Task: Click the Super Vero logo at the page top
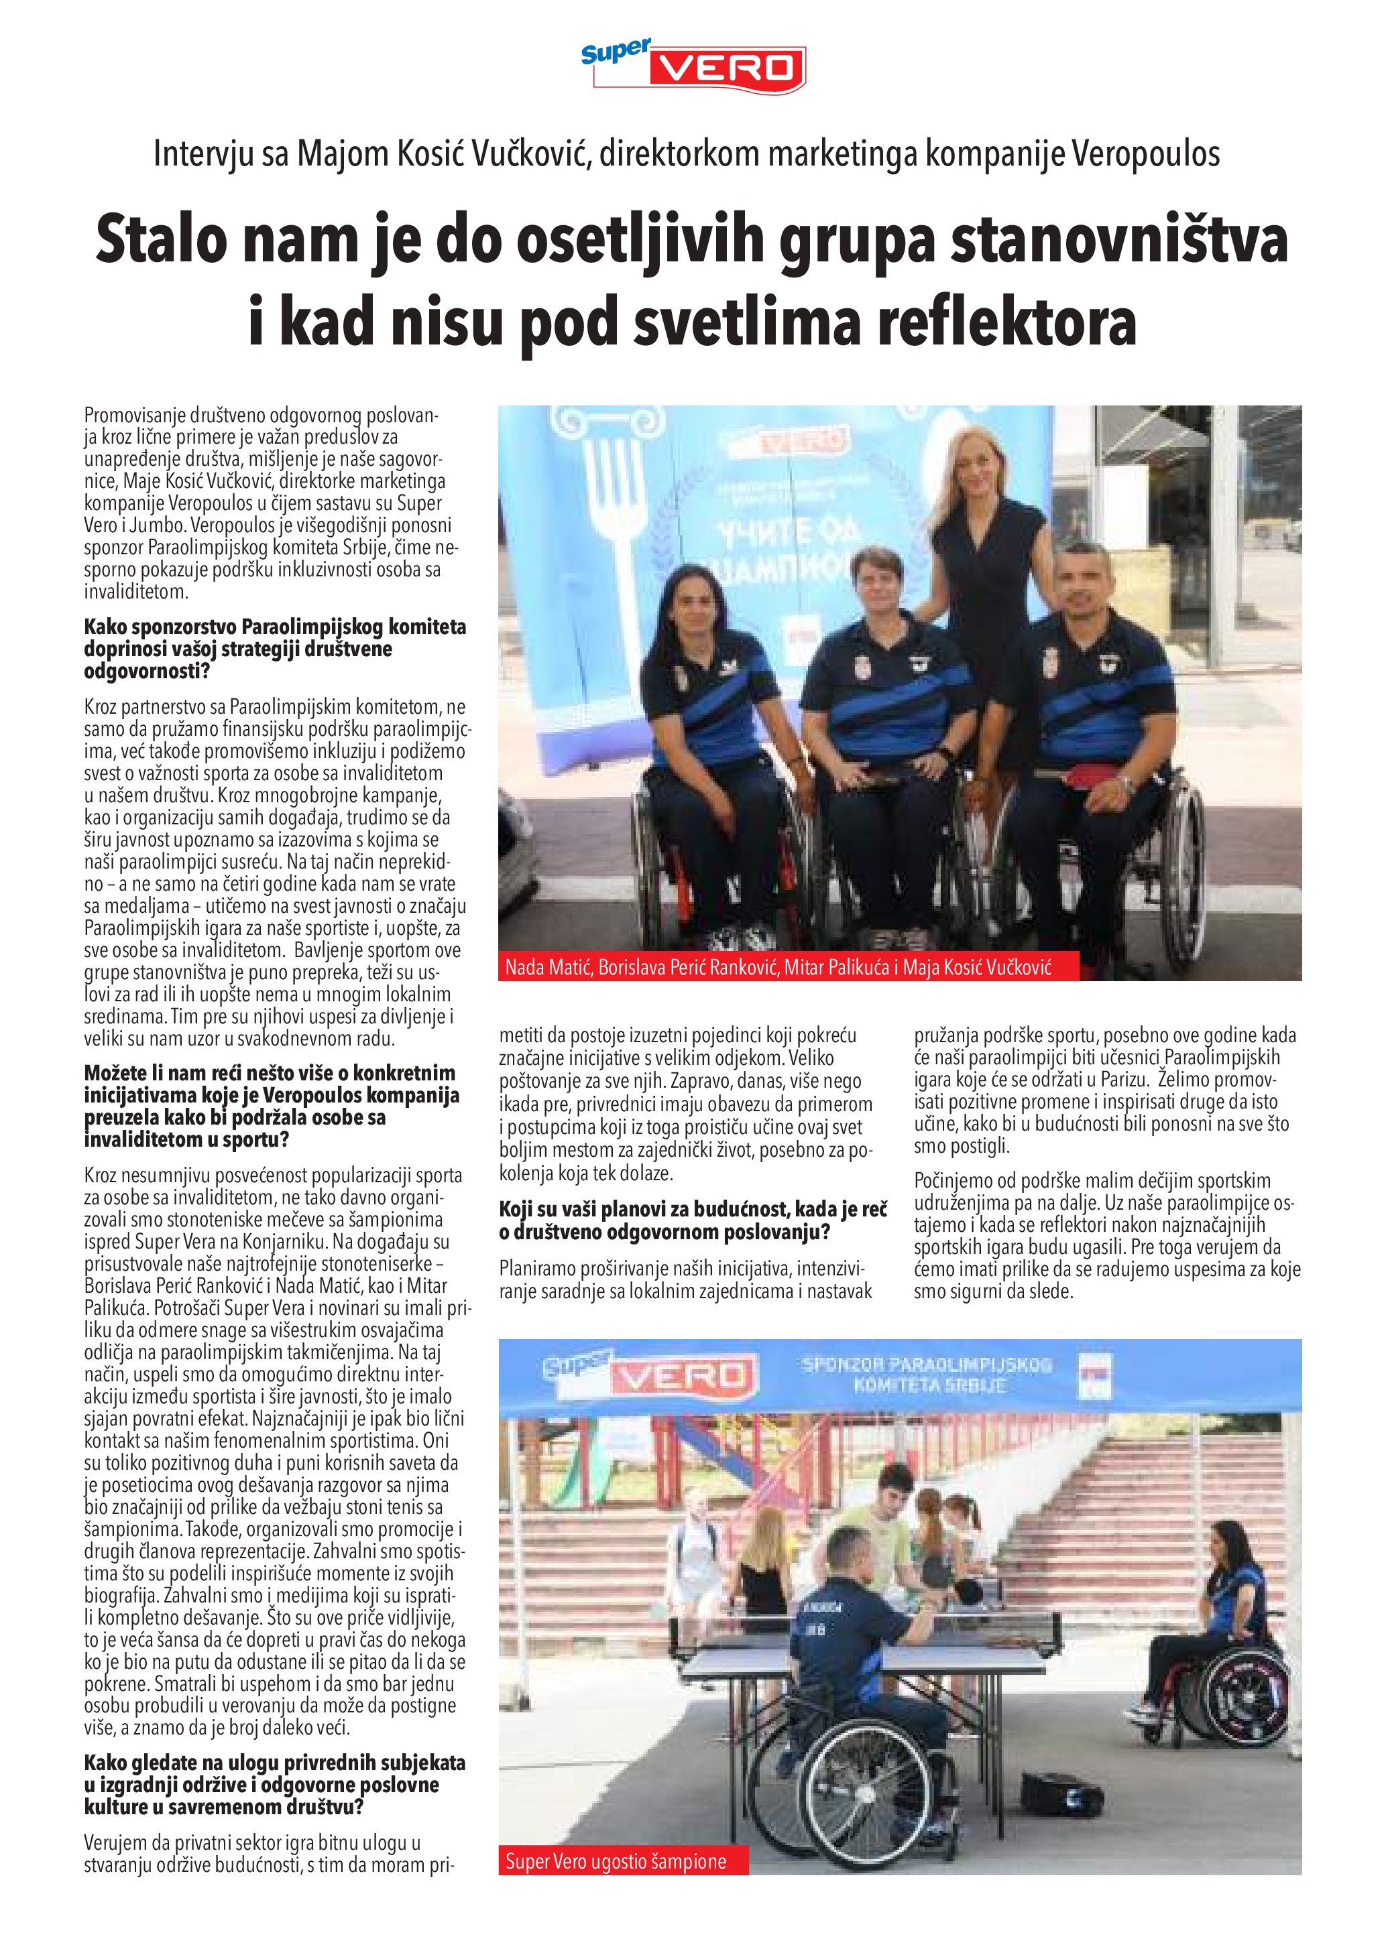693,66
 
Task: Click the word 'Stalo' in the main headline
157,241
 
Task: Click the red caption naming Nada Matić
778,968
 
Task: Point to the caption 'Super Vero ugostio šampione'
616,1862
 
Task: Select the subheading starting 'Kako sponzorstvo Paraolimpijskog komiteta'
275,649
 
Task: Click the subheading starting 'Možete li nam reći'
272,1106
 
